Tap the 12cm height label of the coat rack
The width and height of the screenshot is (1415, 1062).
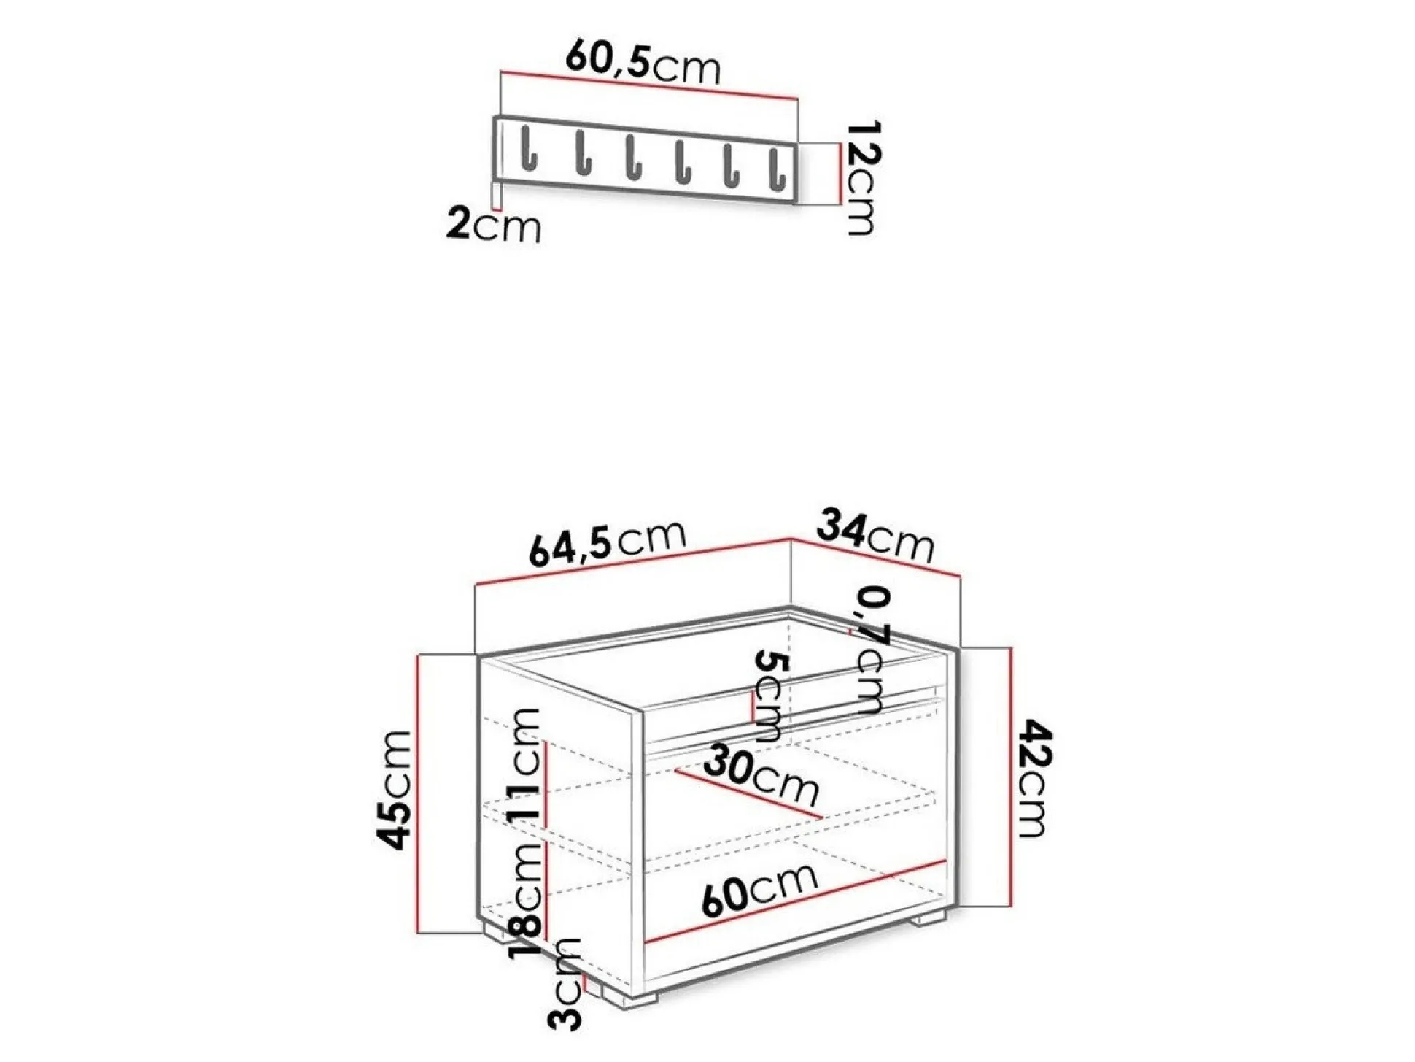(862, 178)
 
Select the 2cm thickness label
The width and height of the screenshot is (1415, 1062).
(493, 226)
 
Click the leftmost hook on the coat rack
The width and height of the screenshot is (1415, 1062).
(528, 150)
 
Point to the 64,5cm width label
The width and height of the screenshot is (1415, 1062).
(607, 543)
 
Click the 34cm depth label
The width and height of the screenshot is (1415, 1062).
(874, 536)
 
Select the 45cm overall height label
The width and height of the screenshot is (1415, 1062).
(396, 790)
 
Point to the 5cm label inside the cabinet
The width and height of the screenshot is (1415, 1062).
(769, 696)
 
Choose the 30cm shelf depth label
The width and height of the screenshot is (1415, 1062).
(761, 775)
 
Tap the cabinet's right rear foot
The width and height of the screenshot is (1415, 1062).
(930, 917)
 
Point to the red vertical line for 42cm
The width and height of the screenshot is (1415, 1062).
(1011, 777)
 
